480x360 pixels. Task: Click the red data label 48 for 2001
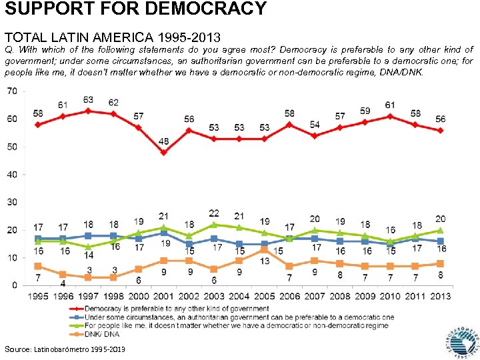pos(163,142)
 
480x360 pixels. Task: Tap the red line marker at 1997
pos(88,111)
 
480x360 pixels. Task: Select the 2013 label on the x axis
pos(441,295)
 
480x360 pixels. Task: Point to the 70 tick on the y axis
pos(12,91)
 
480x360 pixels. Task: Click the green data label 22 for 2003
pos(214,213)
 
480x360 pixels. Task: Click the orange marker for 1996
pos(63,274)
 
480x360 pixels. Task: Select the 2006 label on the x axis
pos(289,295)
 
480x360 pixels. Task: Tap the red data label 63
pos(88,100)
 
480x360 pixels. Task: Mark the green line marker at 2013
pos(441,230)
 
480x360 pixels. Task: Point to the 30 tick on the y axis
pos(12,202)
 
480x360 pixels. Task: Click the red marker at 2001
pos(163,152)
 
